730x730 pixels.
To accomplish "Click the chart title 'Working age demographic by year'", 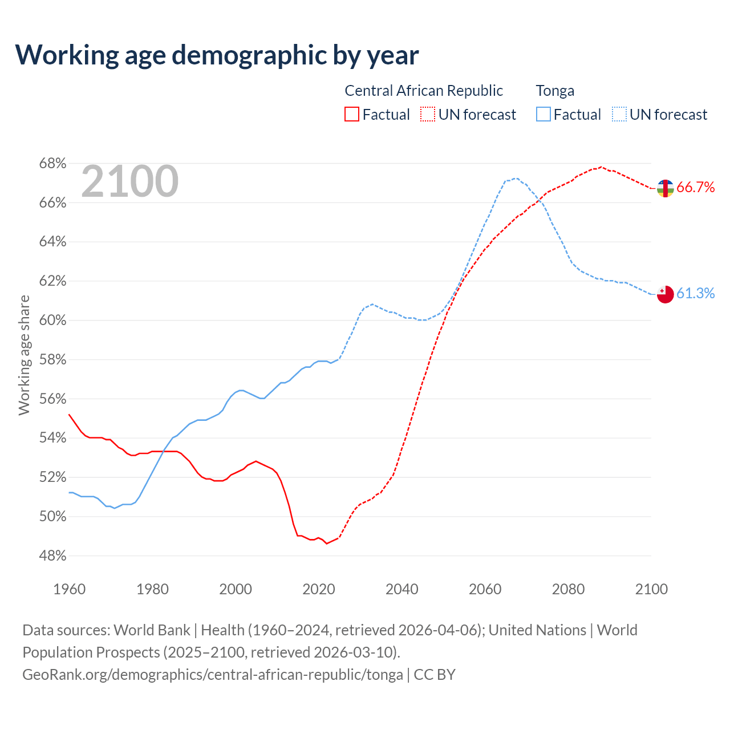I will pyautogui.click(x=217, y=55).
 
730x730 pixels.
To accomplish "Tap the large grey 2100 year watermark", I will pyautogui.click(x=130, y=181).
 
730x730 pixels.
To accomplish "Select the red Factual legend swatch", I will pyautogui.click(x=352, y=115).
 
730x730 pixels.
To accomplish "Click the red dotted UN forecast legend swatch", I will pyautogui.click(x=428, y=115).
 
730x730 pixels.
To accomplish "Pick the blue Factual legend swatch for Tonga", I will pyautogui.click(x=544, y=115).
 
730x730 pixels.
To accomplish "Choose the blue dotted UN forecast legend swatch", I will pyautogui.click(x=619, y=115).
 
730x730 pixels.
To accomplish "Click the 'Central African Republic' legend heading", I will pyautogui.click(x=424, y=91).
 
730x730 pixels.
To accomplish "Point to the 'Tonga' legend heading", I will pyautogui.click(x=555, y=91).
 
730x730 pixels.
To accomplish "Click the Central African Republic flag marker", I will pyautogui.click(x=665, y=188).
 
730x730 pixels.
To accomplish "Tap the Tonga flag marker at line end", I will pyautogui.click(x=665, y=294).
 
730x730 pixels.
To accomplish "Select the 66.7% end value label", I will pyautogui.click(x=696, y=188).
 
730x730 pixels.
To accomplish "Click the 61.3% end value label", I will pyautogui.click(x=696, y=293).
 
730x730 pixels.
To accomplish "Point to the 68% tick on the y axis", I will pyautogui.click(x=52, y=164).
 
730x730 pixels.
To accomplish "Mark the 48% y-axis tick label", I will pyautogui.click(x=52, y=555).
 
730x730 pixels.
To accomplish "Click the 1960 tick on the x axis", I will pyautogui.click(x=69, y=589).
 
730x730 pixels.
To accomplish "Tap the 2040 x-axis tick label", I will pyautogui.click(x=402, y=589).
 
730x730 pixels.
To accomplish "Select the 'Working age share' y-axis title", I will pyautogui.click(x=24, y=355).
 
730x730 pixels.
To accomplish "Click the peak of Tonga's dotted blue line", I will pyautogui.click(x=516, y=179).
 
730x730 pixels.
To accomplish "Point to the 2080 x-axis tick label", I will pyautogui.click(x=568, y=589).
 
